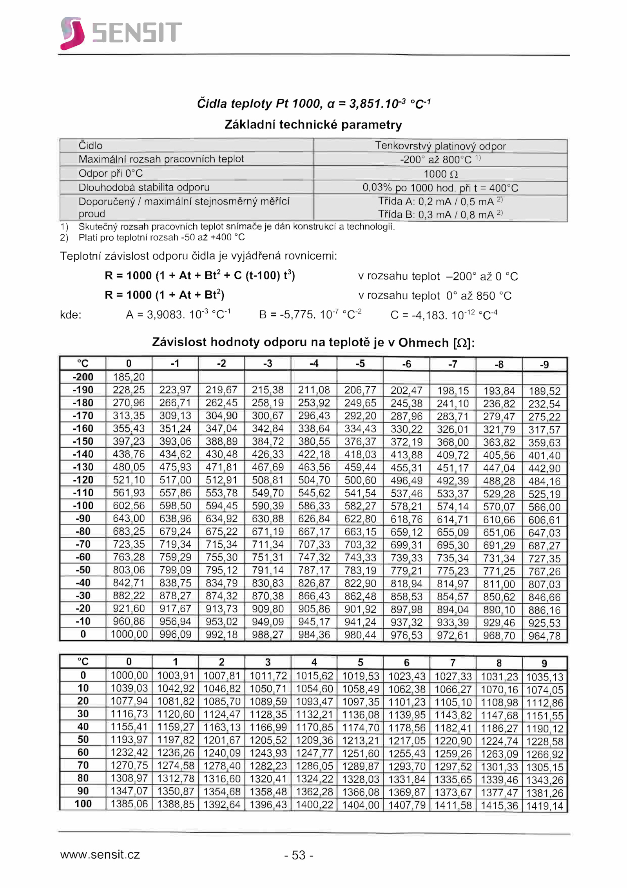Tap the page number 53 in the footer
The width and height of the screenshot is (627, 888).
pyautogui.click(x=299, y=855)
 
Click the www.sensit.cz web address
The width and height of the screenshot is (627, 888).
pyautogui.click(x=100, y=854)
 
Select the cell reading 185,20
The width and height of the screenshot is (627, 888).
pyautogui.click(x=129, y=377)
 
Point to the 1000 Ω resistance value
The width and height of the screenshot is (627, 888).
pyautogui.click(x=440, y=174)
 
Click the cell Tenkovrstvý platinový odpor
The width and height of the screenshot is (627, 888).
pyautogui.click(x=440, y=146)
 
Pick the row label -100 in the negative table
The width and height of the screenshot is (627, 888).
pyautogui.click(x=83, y=505)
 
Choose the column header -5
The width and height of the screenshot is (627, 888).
pyautogui.click(x=360, y=364)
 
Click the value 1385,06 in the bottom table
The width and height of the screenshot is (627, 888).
pyautogui.click(x=129, y=804)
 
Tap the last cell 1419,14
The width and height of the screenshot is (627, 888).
pyautogui.click(x=544, y=806)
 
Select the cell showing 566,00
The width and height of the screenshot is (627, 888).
pyautogui.click(x=544, y=507)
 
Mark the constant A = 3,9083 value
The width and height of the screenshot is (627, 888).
pyautogui.click(x=178, y=315)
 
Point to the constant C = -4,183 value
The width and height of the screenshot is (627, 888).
pyautogui.click(x=444, y=315)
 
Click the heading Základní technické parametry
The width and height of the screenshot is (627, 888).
pyautogui.click(x=313, y=125)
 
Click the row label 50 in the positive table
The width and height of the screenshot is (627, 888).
pyautogui.click(x=83, y=739)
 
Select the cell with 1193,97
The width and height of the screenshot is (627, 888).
pyautogui.click(x=129, y=739)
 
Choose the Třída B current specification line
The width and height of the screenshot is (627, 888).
pyautogui.click(x=440, y=214)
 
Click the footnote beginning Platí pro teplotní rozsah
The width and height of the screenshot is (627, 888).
pyautogui.click(x=161, y=237)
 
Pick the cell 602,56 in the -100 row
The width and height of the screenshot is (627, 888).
pyautogui.click(x=129, y=505)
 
